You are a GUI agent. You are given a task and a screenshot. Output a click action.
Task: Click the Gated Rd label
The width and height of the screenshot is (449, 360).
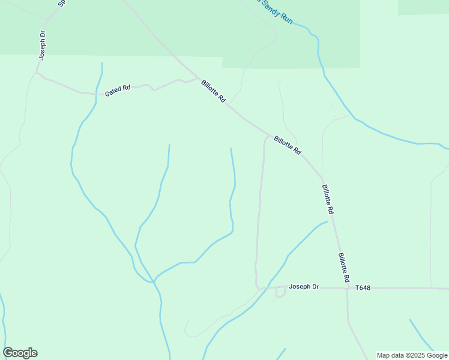[x=118, y=90]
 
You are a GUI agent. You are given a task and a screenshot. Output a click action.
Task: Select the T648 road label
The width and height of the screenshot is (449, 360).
[x=363, y=288]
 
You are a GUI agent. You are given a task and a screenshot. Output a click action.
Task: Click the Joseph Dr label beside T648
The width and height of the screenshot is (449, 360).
[x=304, y=287]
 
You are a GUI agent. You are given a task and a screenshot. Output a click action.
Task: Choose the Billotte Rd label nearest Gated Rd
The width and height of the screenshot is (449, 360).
[x=213, y=91]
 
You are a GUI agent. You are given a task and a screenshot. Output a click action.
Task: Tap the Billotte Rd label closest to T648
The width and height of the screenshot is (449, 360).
[x=343, y=268]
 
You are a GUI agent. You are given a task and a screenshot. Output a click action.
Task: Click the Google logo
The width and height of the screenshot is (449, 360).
[x=20, y=353]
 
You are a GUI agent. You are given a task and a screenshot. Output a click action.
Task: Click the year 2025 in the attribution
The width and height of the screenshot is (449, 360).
[x=415, y=356]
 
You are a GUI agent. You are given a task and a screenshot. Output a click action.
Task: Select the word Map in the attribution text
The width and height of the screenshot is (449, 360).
[x=384, y=356]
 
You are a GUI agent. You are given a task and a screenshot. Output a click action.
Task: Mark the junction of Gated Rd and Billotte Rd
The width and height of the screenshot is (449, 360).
[x=199, y=78]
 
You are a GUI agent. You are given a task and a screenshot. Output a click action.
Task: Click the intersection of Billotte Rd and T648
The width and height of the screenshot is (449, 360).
[x=348, y=289]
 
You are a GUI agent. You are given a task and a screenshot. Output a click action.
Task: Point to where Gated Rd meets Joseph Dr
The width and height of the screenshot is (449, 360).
[x=37, y=73]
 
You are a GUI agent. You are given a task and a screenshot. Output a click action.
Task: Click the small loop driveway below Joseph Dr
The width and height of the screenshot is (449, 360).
[x=280, y=293]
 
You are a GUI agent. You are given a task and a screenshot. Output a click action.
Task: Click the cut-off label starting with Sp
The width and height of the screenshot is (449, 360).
[x=61, y=3]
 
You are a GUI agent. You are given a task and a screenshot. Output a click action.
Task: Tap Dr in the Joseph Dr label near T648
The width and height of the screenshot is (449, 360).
[x=315, y=287]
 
